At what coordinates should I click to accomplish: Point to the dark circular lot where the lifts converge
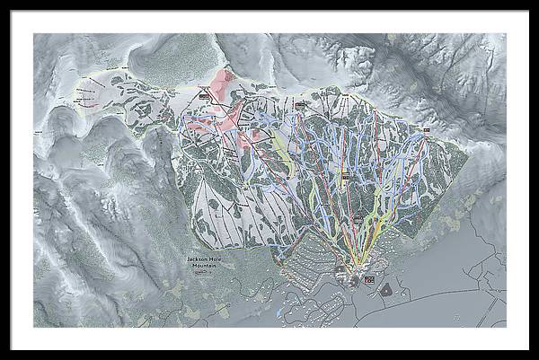tap(340, 268)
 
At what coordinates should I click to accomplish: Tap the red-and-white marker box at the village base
tap(368, 280)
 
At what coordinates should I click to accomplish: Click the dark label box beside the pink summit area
tap(204, 94)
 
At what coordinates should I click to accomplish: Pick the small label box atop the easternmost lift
tap(425, 132)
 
